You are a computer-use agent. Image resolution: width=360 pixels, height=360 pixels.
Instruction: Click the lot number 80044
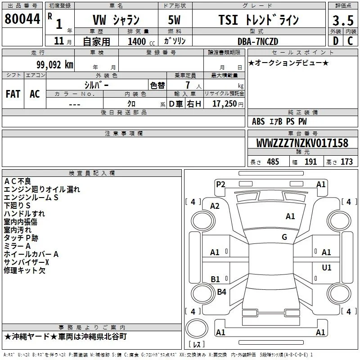22,19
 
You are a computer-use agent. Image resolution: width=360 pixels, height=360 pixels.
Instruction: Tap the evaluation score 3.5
343,21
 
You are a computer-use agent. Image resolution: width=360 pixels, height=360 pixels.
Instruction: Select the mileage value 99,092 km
55,65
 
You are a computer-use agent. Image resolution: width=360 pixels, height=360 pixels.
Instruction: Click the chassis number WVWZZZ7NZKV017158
302,143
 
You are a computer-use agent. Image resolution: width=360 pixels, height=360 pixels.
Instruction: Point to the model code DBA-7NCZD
258,41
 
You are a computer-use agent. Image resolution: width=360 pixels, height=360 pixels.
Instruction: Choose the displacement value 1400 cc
141,41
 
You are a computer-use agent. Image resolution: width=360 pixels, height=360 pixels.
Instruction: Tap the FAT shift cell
13,94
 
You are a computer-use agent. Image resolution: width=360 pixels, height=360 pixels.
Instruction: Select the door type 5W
174,20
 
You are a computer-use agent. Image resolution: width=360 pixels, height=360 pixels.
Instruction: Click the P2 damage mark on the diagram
220,184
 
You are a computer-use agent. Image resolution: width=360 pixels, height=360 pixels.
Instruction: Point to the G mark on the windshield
284,237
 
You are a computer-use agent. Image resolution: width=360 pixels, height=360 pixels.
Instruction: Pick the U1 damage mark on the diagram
327,267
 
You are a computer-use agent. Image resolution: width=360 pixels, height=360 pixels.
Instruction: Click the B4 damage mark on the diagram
221,292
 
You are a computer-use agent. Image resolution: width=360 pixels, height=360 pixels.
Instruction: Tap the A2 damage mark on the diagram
215,206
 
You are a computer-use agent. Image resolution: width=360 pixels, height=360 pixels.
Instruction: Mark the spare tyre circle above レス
197,328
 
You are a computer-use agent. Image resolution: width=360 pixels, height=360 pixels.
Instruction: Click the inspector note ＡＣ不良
18,181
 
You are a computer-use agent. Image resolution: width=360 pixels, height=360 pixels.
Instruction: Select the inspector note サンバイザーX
27,262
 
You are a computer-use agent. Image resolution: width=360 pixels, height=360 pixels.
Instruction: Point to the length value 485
273,162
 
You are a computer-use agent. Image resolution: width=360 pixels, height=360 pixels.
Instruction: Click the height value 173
346,162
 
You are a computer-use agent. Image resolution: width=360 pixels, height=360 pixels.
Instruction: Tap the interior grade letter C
350,41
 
